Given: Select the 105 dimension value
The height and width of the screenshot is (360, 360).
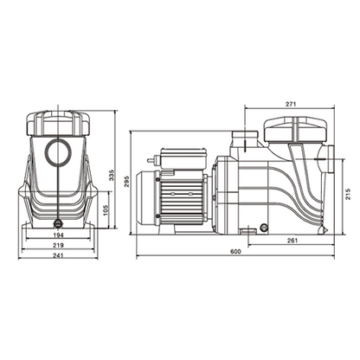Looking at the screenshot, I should [105, 209].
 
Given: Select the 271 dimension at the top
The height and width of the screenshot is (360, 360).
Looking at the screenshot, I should [290, 105].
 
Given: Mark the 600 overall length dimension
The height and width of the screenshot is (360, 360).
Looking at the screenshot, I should [235, 252].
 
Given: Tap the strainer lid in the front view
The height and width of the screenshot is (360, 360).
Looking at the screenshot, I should [59, 125].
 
